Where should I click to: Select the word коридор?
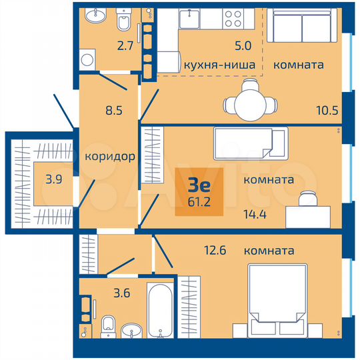pos(111,157)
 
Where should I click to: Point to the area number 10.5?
pos(325,110)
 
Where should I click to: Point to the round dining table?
pos(250,104)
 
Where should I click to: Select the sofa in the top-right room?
pos(302,28)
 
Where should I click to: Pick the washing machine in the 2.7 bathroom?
pos(86,61)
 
